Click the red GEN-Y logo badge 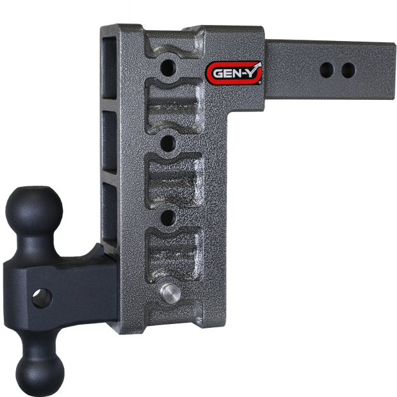click(234, 73)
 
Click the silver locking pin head click(170, 293)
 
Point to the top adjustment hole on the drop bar click(168, 68)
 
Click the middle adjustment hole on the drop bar click(168, 143)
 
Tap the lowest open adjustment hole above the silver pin click(168, 217)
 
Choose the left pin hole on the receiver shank click(327, 70)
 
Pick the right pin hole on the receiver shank click(348, 70)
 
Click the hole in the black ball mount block click(42, 298)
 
